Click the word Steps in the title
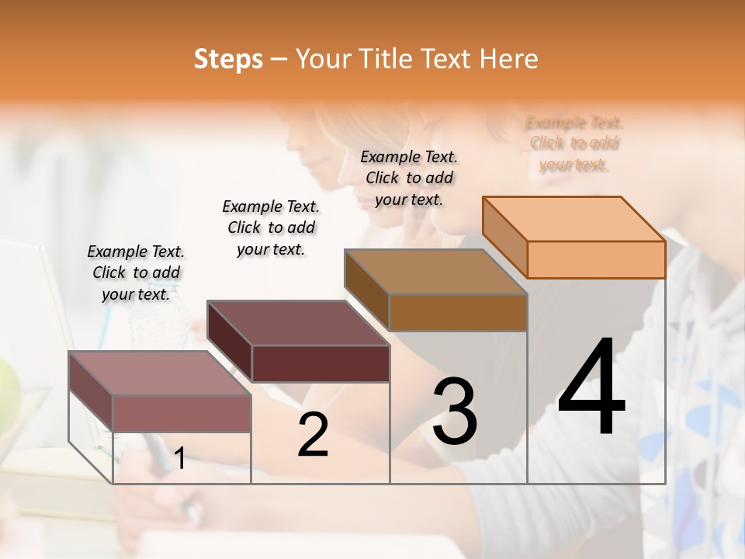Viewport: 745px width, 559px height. (x=228, y=59)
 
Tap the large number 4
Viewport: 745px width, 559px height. (x=591, y=388)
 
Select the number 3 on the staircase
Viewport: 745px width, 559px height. (x=454, y=411)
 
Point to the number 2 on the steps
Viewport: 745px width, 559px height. (x=313, y=435)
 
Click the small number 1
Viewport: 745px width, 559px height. (x=179, y=459)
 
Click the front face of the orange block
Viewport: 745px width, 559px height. (x=596, y=259)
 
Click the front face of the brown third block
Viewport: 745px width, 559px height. (x=458, y=312)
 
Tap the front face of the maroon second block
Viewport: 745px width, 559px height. (x=321, y=363)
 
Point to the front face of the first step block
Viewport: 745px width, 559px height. (x=182, y=413)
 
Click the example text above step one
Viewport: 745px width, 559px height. (x=136, y=273)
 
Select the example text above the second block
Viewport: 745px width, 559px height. (x=271, y=227)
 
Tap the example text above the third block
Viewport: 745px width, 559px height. (x=409, y=178)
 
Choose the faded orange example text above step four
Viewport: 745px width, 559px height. (x=574, y=144)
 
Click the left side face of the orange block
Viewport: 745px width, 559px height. (x=505, y=236)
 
